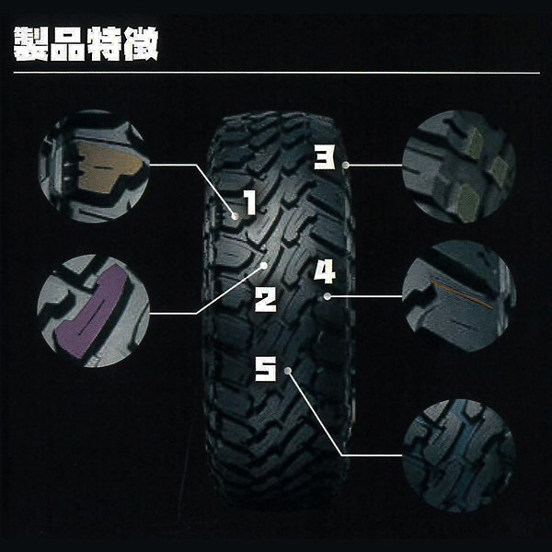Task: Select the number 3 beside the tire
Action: [x=324, y=159]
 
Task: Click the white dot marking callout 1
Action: [x=236, y=215]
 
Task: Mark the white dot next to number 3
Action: [x=346, y=165]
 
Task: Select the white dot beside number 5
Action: [x=288, y=370]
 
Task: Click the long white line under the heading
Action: [x=276, y=73]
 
